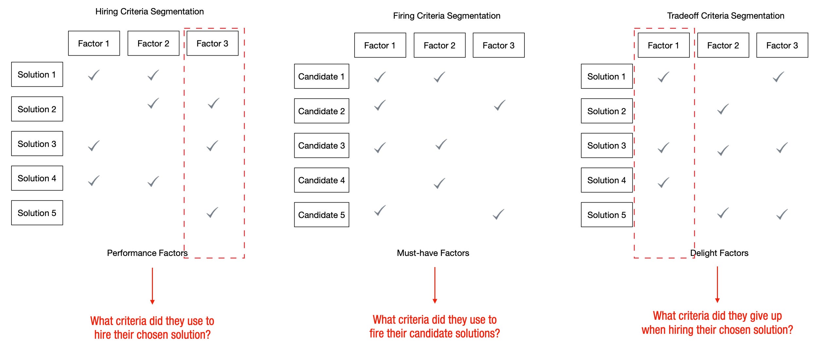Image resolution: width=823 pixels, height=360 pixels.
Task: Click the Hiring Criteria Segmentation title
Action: coord(149,12)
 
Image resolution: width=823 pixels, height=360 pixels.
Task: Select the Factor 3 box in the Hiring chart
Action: coord(212,44)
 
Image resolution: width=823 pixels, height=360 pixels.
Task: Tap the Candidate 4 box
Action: coord(321,180)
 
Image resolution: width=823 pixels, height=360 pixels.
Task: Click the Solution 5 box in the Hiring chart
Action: coord(37,213)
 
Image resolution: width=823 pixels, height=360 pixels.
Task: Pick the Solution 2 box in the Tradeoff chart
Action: coord(606,111)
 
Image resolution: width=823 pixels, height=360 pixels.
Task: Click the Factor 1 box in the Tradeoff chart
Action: coord(663,45)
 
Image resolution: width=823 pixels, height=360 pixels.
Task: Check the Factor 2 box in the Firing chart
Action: coord(439,45)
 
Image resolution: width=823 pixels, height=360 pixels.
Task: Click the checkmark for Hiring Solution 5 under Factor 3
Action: coord(212,213)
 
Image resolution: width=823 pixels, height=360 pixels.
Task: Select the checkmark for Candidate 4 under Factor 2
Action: coord(439,183)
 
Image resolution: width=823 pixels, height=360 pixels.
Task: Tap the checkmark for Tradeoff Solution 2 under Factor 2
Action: coord(722,109)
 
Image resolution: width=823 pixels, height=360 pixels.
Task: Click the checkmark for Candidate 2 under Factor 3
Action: coord(499,105)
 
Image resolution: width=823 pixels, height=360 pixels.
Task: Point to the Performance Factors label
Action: coord(147,253)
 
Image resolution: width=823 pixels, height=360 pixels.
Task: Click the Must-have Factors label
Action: coord(432,253)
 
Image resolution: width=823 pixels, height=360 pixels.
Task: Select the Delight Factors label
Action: coord(719,253)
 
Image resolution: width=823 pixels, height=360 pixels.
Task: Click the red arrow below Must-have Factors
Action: coord(434,285)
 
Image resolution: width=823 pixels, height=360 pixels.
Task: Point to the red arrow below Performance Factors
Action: coord(152,286)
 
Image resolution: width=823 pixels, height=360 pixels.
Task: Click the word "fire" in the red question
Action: coord(377,333)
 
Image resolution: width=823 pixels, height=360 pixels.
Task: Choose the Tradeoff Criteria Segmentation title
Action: coord(725,16)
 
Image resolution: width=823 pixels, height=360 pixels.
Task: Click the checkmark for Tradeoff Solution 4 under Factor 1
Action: coord(663,183)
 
